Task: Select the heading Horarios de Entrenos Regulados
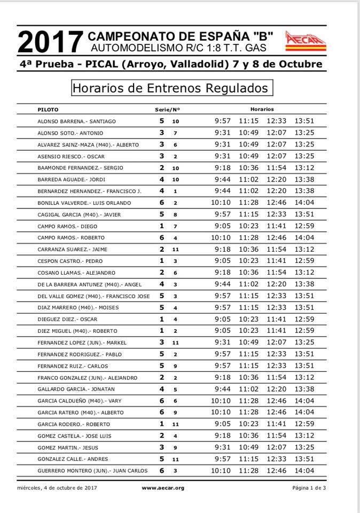(170, 87)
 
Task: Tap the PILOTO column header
(48, 109)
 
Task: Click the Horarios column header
(262, 109)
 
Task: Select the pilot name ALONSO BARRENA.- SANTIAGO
(76, 121)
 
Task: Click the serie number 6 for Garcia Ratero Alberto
(161, 412)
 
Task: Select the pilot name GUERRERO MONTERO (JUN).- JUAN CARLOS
(92, 471)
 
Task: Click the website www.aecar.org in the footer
(163, 488)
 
